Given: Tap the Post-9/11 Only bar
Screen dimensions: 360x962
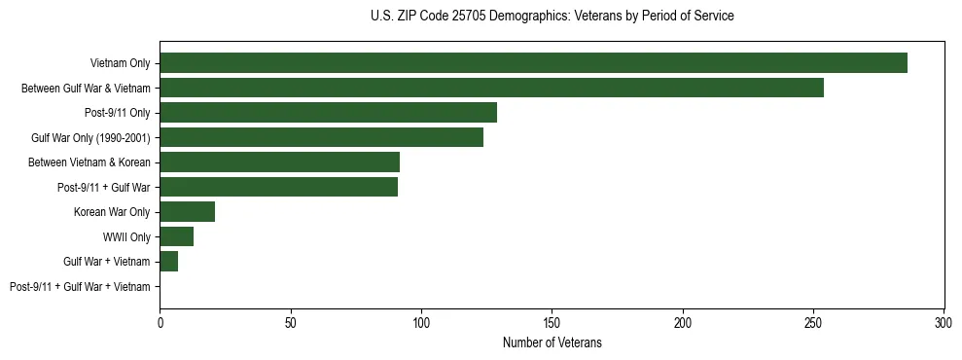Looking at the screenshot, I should pos(328,113).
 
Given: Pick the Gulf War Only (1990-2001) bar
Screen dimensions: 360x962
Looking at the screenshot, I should pos(321,137).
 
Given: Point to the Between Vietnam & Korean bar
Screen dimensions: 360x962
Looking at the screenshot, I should pos(279,162).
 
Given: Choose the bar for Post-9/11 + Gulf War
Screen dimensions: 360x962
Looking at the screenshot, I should pos(278,187).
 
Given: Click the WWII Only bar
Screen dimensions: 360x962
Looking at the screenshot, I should pos(176,236).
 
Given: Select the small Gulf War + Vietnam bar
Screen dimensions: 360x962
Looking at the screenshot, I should pos(168,262).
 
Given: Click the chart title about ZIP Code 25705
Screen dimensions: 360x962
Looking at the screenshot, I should pos(552,17).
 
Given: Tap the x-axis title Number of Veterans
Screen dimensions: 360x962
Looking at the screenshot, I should pos(552,343).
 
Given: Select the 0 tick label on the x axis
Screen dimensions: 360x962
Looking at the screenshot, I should pos(160,320).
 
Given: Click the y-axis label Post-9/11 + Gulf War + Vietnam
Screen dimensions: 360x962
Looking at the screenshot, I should pos(80,287).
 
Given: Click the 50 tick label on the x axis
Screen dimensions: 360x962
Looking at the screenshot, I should pos(290,320).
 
